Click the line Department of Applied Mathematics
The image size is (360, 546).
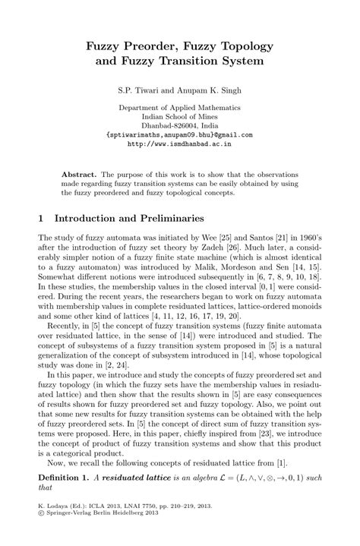pos(179,109)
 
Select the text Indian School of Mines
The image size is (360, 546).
pos(179,118)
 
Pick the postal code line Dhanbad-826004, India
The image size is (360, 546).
pos(179,126)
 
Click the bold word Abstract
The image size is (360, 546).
pos(77,174)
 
